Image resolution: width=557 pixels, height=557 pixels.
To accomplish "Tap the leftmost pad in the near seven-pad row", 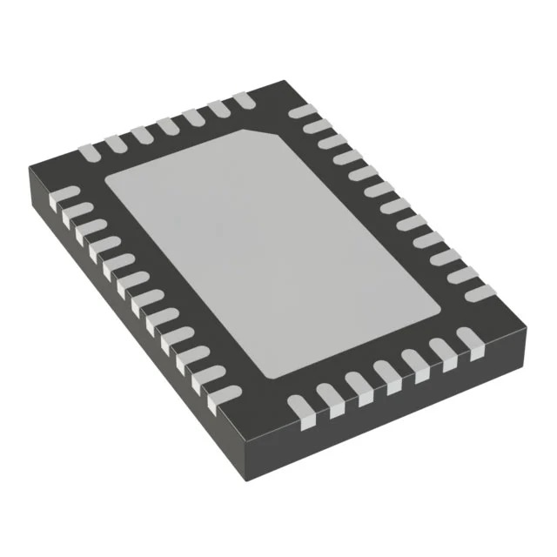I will point(300,404).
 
